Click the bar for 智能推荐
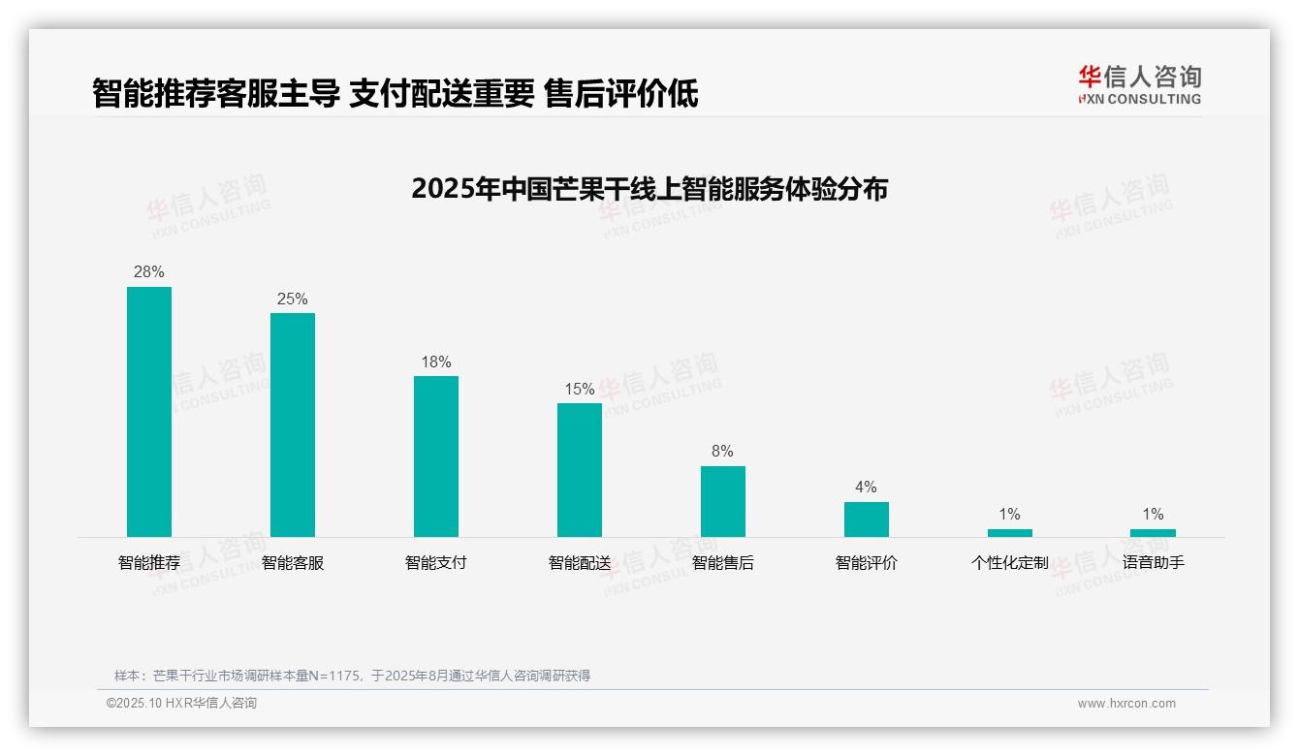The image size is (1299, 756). pos(149,411)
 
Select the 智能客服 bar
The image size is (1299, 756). pos(293,425)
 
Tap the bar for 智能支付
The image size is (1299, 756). pos(436,456)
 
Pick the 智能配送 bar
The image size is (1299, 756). pos(580,469)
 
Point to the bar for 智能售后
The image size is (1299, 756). pos(723,501)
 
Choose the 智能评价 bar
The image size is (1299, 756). pos(867,519)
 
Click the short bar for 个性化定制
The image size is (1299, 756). pos(1010,532)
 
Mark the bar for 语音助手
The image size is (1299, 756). pos(1153,532)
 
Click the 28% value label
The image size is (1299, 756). pos(149,272)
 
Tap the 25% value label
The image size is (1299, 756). pos(293,299)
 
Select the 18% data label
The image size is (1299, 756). pos(436,362)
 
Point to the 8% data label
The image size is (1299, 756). pos(722,452)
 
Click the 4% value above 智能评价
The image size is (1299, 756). pos(866,488)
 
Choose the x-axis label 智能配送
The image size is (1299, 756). pos(580,562)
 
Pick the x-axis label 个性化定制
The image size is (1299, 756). pos(1010,562)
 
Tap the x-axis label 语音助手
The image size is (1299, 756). pos(1153,562)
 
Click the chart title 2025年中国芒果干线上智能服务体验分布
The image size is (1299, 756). pos(649,189)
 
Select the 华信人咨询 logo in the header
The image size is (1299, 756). pos(1139,84)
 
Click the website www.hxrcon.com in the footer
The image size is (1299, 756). pos(1126,704)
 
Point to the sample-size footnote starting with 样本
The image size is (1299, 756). pos(352,676)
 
